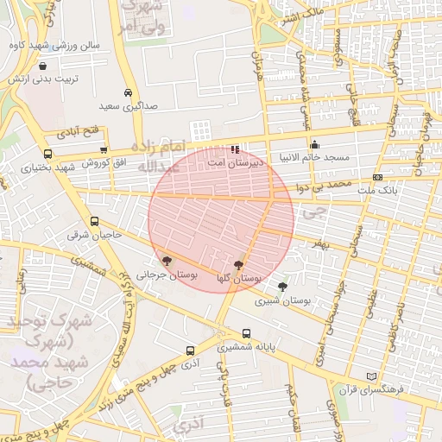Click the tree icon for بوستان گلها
(x=238, y=265)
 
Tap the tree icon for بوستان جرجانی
(x=166, y=261)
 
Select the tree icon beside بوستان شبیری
(x=282, y=287)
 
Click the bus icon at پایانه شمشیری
(x=247, y=333)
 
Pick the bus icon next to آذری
(x=190, y=350)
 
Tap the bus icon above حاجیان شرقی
(x=94, y=221)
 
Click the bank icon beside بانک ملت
(x=378, y=176)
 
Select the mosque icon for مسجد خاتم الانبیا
(x=314, y=145)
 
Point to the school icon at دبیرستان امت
(x=236, y=149)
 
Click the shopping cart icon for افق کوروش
(x=104, y=150)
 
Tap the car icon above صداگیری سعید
(x=128, y=92)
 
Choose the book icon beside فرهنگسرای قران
(x=372, y=376)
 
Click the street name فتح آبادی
(x=79, y=134)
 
